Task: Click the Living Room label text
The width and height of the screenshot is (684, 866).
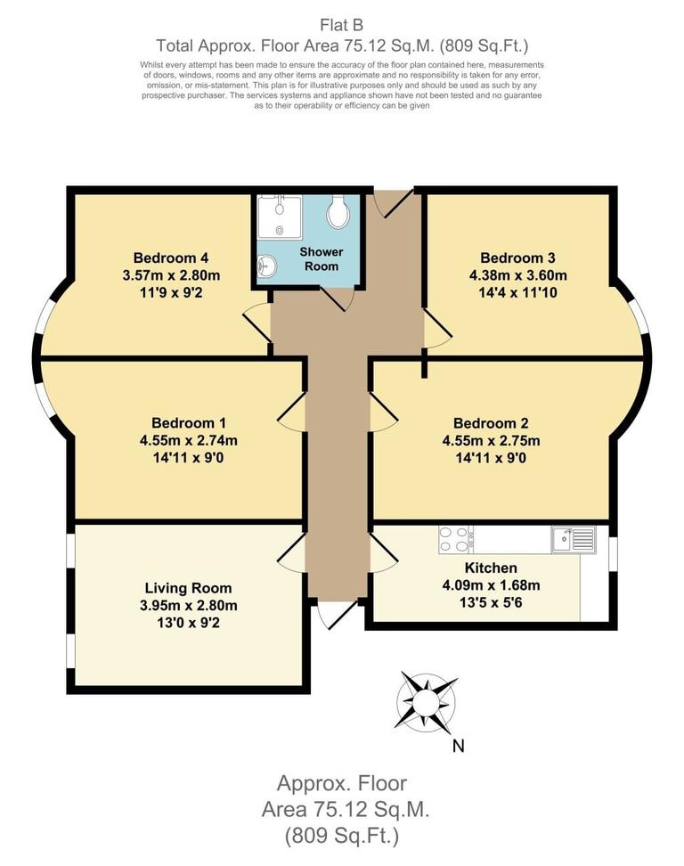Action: click(188, 588)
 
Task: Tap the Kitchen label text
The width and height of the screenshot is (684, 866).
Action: click(491, 568)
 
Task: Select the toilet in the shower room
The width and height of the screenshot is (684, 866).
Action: click(338, 212)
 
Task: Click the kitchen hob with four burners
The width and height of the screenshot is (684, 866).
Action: click(455, 538)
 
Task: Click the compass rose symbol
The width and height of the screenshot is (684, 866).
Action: click(426, 699)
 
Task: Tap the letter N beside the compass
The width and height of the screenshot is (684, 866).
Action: click(458, 747)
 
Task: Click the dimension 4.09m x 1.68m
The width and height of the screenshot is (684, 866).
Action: click(491, 584)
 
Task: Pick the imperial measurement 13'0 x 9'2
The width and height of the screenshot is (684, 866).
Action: click(188, 622)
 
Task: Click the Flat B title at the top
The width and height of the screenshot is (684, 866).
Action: click(341, 24)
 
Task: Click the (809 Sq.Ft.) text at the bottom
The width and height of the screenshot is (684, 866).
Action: click(341, 836)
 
